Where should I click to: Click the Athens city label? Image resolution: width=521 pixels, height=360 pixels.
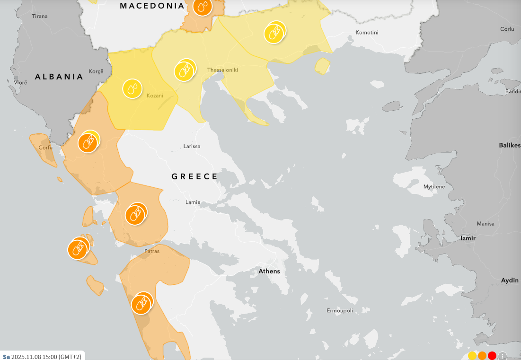[269, 271]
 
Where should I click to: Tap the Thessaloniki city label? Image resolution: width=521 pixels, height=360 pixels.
[222, 70]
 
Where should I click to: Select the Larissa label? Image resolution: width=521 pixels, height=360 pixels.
[192, 146]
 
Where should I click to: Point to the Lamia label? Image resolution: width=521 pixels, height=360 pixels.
[193, 202]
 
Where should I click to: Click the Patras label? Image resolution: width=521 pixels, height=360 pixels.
[152, 251]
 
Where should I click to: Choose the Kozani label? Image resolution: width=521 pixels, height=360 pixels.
[155, 96]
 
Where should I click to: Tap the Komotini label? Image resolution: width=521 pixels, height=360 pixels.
[367, 33]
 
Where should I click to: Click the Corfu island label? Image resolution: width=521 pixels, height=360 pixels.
[45, 147]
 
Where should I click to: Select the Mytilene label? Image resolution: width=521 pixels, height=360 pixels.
[434, 187]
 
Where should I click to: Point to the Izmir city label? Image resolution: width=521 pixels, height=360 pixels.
[468, 238]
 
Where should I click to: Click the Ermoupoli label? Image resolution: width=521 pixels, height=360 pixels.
[340, 311]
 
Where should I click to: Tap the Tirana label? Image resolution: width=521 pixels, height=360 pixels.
[40, 16]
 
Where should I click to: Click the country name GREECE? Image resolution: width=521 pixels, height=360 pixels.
[194, 176]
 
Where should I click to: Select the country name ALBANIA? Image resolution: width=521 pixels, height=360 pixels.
[59, 77]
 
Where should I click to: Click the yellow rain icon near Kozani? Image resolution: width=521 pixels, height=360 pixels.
[132, 89]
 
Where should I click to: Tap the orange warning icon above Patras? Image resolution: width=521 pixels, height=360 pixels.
[135, 215]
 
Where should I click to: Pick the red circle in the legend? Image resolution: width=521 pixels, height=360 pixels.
[492, 356]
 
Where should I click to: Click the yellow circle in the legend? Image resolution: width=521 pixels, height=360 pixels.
[472, 356]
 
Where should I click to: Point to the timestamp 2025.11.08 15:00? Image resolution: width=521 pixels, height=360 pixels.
[46, 357]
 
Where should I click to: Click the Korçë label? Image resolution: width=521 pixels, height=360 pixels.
[96, 71]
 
